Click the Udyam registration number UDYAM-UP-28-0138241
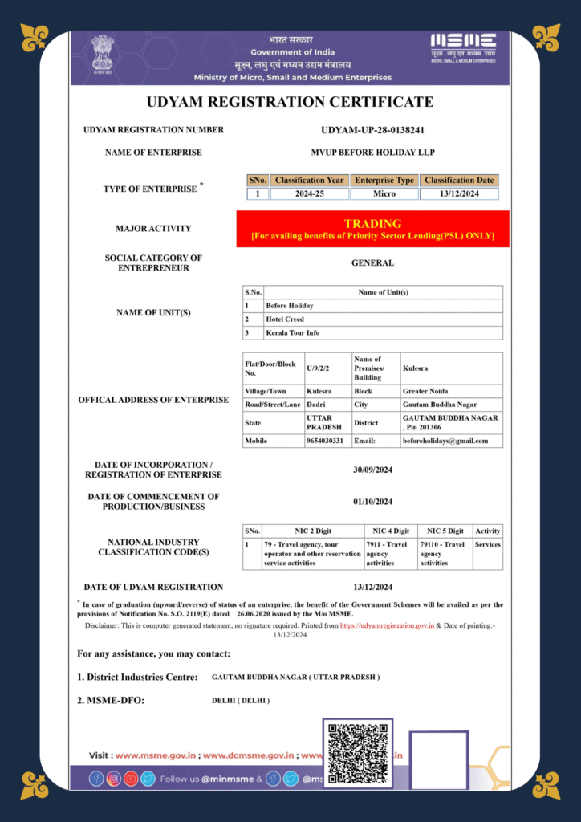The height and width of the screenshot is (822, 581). (372, 130)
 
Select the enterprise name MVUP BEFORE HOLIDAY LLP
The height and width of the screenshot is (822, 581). (372, 152)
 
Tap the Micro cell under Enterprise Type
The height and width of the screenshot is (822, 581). (384, 193)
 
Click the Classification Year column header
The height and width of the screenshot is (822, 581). (309, 181)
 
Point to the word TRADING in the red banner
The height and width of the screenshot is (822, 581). (372, 223)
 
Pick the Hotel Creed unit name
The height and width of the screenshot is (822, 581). (285, 319)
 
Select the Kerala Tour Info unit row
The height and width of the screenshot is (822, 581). (292, 332)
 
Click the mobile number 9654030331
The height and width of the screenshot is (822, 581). (325, 441)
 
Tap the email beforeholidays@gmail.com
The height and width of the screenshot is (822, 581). (445, 441)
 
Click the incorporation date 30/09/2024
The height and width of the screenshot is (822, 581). (372, 470)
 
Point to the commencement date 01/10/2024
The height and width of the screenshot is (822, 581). (372, 502)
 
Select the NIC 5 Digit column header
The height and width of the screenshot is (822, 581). (445, 531)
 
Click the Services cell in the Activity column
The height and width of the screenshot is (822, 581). (487, 544)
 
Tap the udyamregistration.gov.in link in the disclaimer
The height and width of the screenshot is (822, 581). (387, 625)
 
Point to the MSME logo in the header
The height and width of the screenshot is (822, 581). (463, 46)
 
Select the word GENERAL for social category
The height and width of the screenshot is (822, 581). (372, 262)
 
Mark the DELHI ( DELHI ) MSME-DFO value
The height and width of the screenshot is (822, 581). (241, 701)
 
